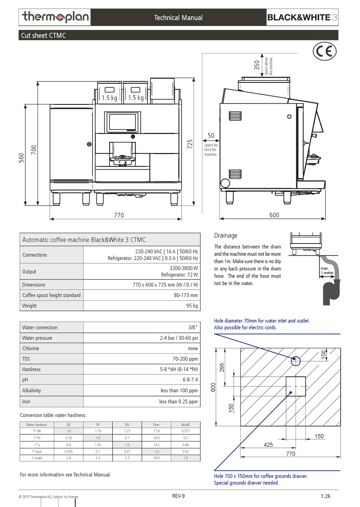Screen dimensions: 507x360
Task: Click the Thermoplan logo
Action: click(55, 17)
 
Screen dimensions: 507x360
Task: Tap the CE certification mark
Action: click(324, 51)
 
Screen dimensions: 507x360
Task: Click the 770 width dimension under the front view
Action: click(119, 215)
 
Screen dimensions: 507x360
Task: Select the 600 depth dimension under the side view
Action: click(274, 215)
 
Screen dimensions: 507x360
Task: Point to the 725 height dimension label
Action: click(190, 144)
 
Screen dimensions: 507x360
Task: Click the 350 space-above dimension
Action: click(257, 65)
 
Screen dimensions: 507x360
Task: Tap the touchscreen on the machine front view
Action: click(122, 122)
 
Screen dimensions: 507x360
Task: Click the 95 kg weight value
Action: click(192, 306)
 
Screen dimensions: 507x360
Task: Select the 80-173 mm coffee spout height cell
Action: click(186, 295)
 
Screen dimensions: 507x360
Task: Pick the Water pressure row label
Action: click(37, 338)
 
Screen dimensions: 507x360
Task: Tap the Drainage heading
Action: click(225, 236)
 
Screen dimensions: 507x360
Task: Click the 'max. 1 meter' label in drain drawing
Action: click(327, 270)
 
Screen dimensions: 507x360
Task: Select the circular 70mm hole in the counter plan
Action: click(296, 361)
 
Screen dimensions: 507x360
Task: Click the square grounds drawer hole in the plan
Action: click(296, 386)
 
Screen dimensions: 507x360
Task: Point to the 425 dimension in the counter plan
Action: click(268, 445)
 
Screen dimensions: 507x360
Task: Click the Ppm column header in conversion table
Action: click(156, 425)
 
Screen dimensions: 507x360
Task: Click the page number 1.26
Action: click(326, 496)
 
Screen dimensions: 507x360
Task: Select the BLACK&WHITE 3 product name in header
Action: click(302, 17)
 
